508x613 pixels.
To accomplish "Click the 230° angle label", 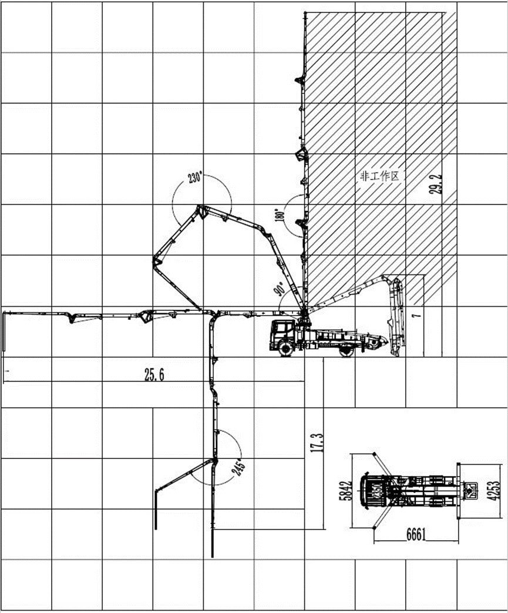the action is (x=195, y=177).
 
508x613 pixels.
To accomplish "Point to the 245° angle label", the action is (x=239, y=468).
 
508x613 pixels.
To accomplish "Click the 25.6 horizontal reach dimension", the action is (x=154, y=375).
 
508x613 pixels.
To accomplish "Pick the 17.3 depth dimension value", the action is (x=317, y=442).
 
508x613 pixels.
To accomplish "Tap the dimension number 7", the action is (x=417, y=314).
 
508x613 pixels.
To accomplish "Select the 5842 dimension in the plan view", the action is (x=346, y=490).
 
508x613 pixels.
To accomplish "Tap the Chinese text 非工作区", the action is (x=379, y=176).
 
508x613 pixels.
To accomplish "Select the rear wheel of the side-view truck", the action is (x=346, y=350).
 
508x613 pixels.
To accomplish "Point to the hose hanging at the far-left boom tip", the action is (x=4, y=331).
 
